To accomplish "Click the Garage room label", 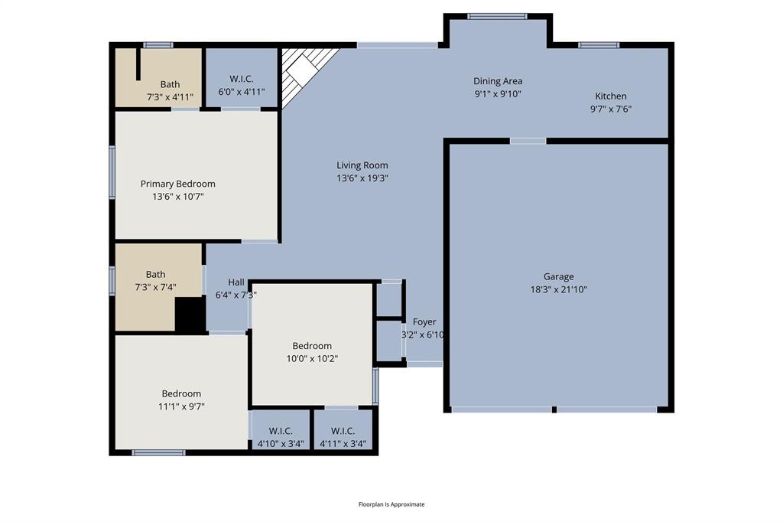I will (x=558, y=276).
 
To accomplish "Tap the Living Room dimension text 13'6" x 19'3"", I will (x=362, y=178).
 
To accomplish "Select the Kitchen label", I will (x=610, y=96).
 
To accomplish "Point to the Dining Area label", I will (x=497, y=81).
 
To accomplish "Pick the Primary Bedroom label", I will (x=177, y=184).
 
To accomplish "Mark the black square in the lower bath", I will (x=190, y=315).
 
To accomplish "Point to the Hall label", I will (x=236, y=282).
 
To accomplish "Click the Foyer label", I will (x=424, y=322).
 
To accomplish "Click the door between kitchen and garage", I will (x=528, y=141).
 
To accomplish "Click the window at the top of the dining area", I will (x=497, y=16).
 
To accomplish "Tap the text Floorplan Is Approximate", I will (x=391, y=504).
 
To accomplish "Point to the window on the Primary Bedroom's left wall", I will (x=112, y=173).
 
